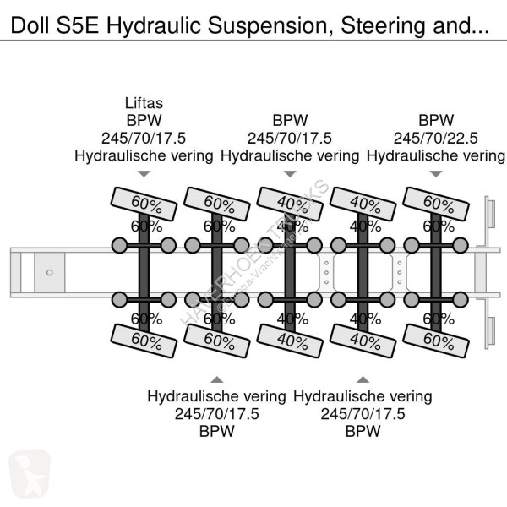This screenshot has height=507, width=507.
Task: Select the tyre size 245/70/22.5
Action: [436, 138]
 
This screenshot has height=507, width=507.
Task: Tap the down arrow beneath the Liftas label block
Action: [143, 174]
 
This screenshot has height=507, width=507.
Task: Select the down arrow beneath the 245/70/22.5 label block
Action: [436, 174]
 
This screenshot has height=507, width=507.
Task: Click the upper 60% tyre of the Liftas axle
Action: [144, 204]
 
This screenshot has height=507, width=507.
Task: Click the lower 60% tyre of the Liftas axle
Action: [144, 341]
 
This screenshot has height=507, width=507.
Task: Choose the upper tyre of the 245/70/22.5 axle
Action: [437, 204]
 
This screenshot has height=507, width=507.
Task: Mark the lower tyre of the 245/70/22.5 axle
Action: [437, 341]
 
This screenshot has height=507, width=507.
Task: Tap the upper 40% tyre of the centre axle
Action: [290, 204]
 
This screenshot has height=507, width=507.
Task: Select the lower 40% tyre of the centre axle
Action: [290, 341]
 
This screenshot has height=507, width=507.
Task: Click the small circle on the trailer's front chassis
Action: [50, 272]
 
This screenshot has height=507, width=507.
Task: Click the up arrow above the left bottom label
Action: [217, 379]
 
